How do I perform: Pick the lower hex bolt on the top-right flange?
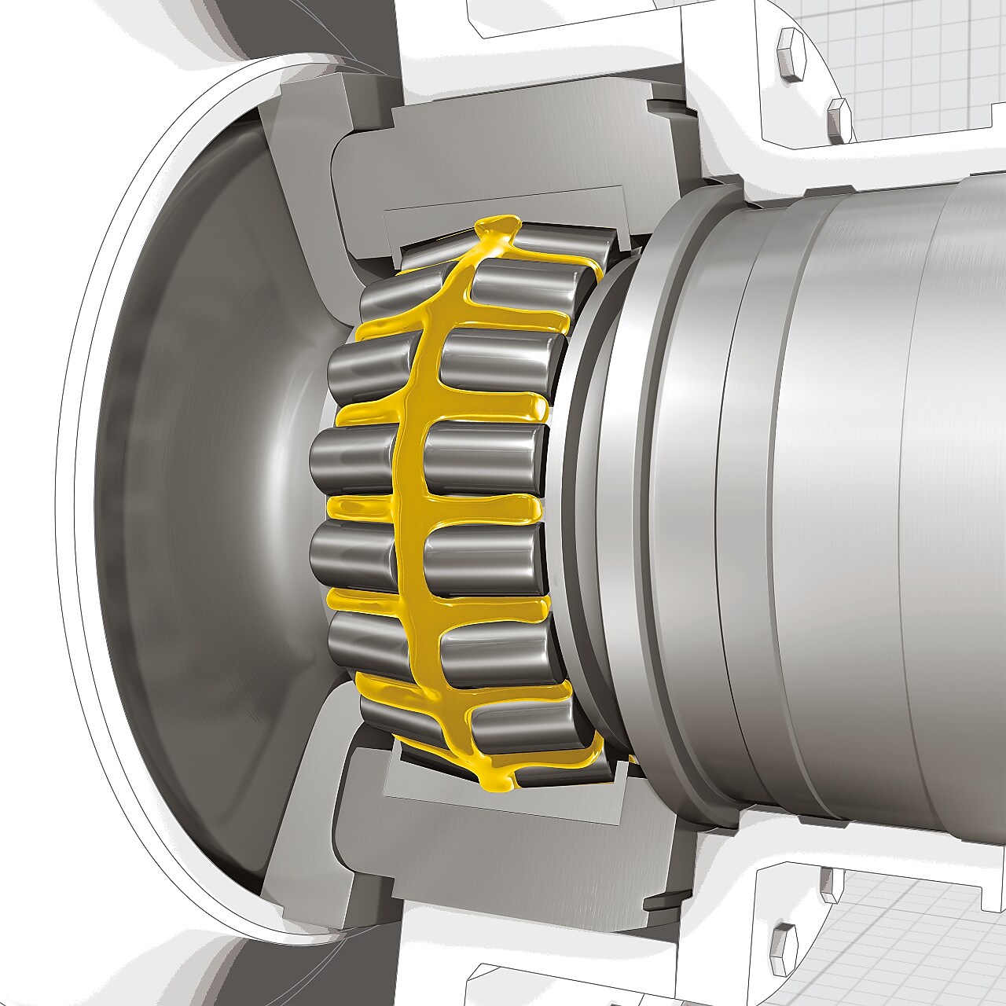tap(839, 120)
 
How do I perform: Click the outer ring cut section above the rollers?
tap(503, 201)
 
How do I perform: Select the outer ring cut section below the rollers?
tap(503, 802)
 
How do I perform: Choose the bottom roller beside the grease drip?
tap(550, 766)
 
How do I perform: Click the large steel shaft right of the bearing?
tap(849, 503)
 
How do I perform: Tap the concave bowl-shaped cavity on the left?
tap(196, 503)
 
